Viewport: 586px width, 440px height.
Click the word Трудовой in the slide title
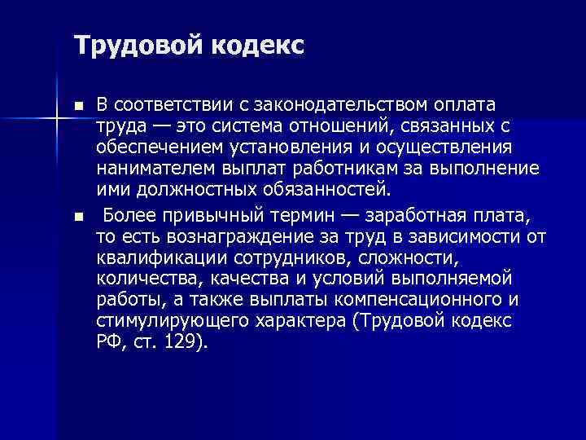pos(129,45)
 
